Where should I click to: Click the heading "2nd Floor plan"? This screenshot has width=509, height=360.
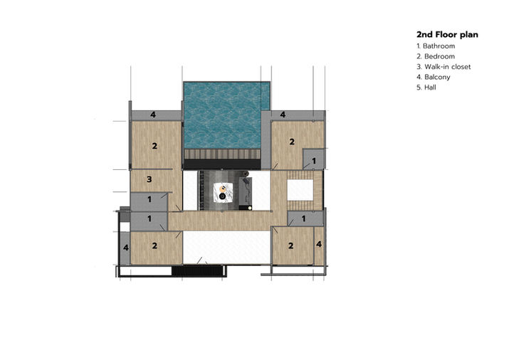coord(447,34)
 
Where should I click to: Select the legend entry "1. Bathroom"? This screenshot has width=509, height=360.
coord(436,46)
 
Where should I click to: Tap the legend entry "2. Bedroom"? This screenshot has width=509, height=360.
coord(436,56)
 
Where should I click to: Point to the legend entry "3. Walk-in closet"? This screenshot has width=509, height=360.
coord(444,67)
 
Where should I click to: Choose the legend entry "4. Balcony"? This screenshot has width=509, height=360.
coord(434,77)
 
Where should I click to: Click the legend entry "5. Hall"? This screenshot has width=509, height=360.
coord(426,88)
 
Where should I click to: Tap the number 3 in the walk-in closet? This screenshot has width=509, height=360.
coord(149,179)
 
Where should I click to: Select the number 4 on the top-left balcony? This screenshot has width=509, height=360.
coord(153,115)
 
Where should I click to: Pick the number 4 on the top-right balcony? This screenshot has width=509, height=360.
coord(283,115)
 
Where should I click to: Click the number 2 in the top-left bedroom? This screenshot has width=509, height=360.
coord(154,146)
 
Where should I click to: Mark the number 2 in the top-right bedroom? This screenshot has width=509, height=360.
coord(292,142)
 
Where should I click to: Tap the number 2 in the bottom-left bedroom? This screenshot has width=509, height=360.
coord(154,245)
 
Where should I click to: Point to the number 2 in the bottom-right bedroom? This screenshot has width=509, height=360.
coord(291,245)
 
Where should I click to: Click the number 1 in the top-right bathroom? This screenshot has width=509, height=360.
coord(314,161)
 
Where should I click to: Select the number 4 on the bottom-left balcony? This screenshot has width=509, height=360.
coord(125,248)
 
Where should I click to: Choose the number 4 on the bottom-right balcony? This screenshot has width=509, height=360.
coord(319,244)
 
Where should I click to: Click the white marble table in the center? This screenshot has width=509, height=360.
coord(224,192)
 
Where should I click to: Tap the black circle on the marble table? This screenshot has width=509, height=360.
coord(222,196)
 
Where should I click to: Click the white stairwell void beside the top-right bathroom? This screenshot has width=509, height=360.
coord(300,190)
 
